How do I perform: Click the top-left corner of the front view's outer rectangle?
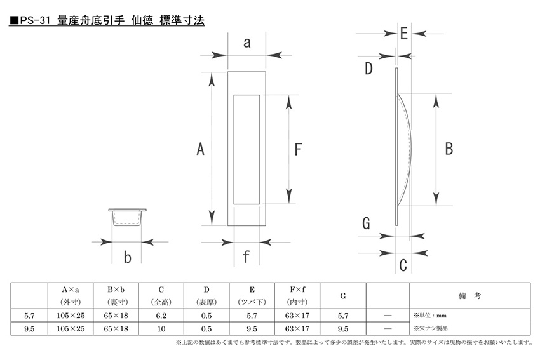click(x=227, y=72)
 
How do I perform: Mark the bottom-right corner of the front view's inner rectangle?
click(x=259, y=204)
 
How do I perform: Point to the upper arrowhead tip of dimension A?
click(x=212, y=72)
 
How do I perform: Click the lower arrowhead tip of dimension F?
click(x=288, y=203)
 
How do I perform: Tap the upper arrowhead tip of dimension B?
click(x=436, y=93)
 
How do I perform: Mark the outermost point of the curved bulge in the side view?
click(x=411, y=149)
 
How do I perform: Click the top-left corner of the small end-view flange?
click(x=109, y=209)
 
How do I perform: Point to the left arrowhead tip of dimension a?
click(x=227, y=55)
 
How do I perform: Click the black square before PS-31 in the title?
click(x=14, y=21)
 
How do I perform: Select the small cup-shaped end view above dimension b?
click(x=127, y=218)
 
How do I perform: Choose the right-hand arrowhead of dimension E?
click(x=419, y=34)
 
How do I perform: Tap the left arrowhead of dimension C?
click(x=387, y=253)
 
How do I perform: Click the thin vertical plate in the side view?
click(x=396, y=147)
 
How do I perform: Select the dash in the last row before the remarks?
click(x=388, y=329)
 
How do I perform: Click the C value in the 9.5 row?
click(x=161, y=329)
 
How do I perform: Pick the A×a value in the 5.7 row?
click(x=71, y=316)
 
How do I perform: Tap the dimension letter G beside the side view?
click(x=367, y=223)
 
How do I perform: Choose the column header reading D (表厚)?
click(x=206, y=296)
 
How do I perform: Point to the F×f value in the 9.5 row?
click(x=297, y=329)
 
